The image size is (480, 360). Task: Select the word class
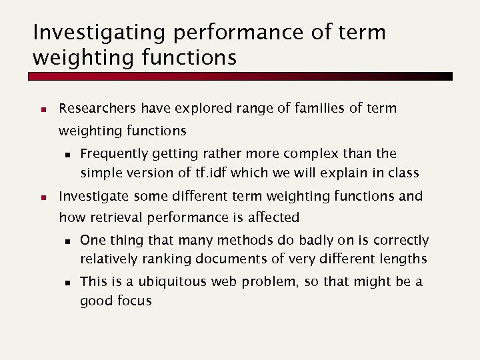coord(403,173)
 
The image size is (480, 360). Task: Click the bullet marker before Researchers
coord(41,109)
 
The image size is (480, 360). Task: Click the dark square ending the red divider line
coord(448,77)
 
